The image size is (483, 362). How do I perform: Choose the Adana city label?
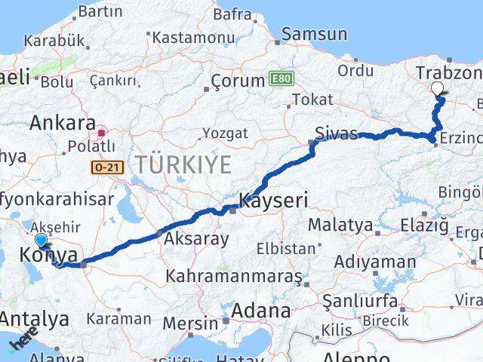click(x=262, y=310)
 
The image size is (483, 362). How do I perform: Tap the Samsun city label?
click(x=315, y=35)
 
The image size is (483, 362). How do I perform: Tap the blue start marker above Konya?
click(x=41, y=241)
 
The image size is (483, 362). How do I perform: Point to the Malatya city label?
click(x=340, y=225)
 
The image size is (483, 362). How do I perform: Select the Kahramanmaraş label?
click(x=235, y=276)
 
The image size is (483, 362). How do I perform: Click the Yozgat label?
click(x=223, y=133)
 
